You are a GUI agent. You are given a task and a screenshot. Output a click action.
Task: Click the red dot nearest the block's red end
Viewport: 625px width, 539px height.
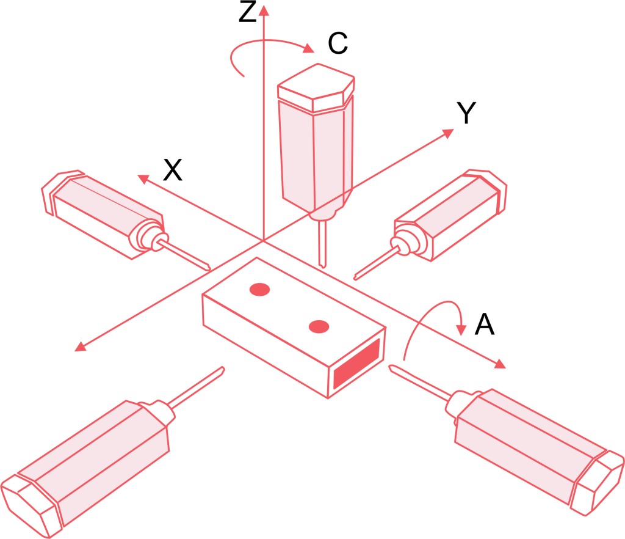tap(319, 327)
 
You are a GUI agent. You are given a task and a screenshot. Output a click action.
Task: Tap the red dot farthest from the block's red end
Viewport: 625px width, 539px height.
tap(259, 289)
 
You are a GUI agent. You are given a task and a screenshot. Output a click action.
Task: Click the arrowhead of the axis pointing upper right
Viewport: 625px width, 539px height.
tap(448, 133)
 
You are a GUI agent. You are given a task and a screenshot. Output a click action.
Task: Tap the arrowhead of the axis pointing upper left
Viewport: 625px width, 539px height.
tap(143, 178)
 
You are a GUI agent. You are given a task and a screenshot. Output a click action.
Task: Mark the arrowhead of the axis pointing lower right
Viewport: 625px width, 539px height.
tap(500, 364)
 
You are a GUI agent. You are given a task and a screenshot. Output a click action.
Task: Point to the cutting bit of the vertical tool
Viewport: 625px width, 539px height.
tap(322, 244)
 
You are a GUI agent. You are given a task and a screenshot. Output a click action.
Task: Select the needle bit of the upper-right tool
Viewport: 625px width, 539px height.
tap(373, 265)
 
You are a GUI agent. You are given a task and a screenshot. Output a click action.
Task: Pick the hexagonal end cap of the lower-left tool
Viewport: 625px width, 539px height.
tap(31, 501)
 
